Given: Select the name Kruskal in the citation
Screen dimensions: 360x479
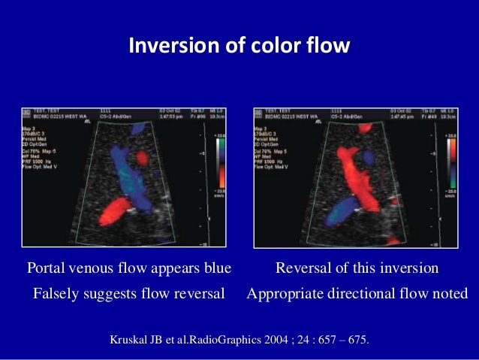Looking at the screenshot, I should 131,340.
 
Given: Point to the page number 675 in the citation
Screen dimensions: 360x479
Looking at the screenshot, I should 356,340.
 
